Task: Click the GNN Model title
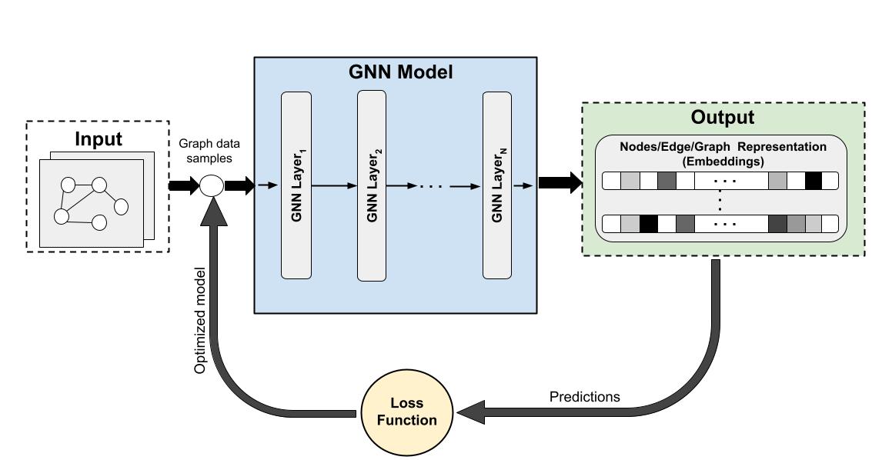(x=400, y=72)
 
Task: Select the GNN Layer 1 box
(x=296, y=185)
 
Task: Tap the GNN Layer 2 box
(x=372, y=185)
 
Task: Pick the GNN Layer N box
(x=497, y=185)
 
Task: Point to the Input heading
(x=99, y=139)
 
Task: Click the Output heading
(x=722, y=117)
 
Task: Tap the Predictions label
(x=585, y=397)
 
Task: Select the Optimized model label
(x=200, y=320)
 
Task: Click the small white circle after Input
(x=212, y=185)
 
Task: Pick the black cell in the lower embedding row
(x=649, y=224)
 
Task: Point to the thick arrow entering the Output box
(x=560, y=183)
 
